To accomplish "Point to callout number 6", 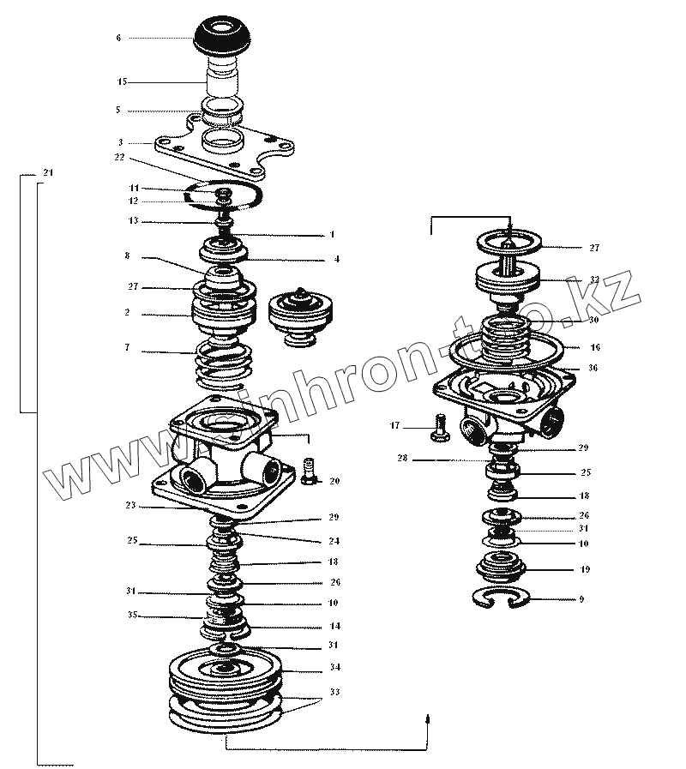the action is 118,38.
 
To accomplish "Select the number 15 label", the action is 122,81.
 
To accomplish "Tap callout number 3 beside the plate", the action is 121,142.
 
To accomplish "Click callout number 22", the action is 119,157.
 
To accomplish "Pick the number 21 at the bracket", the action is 47,174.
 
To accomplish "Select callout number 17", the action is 394,425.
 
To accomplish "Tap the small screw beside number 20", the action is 310,469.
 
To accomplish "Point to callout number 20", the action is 334,482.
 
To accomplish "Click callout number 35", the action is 132,616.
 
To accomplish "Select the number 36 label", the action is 593,368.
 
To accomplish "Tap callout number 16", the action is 595,348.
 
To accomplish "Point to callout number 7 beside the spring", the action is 127,349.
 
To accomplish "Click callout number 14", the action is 334,627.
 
